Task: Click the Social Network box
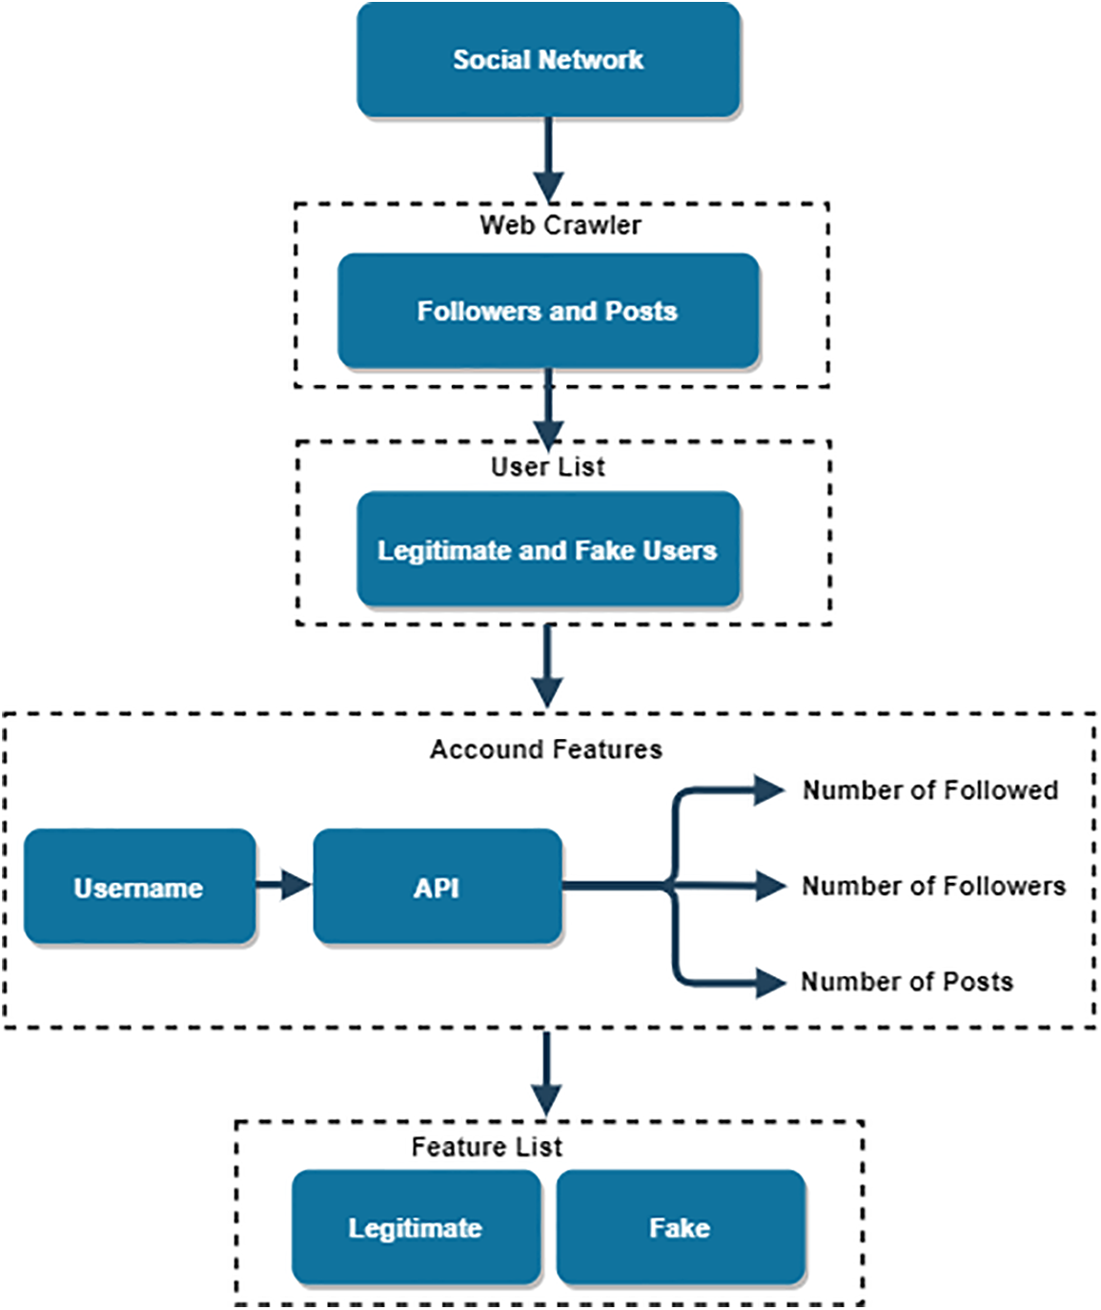click(x=548, y=60)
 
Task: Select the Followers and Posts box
click(x=548, y=311)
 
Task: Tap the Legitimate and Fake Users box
click(x=548, y=550)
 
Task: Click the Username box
click(x=139, y=887)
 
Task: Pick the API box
click(x=437, y=887)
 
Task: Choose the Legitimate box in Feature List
click(x=416, y=1227)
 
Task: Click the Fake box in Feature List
click(x=680, y=1227)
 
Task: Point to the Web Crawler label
click(x=561, y=225)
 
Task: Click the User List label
click(x=548, y=466)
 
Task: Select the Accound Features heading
click(x=545, y=749)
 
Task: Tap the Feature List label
click(x=486, y=1146)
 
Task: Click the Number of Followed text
click(x=930, y=790)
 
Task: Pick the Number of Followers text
click(x=933, y=886)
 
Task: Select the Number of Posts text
click(x=907, y=981)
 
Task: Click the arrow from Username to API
click(x=283, y=885)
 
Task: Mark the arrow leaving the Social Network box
click(x=548, y=158)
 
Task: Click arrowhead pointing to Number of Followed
click(x=768, y=789)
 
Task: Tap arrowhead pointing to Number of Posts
click(x=768, y=981)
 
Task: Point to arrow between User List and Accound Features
click(x=547, y=665)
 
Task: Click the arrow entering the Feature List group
click(x=546, y=1073)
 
